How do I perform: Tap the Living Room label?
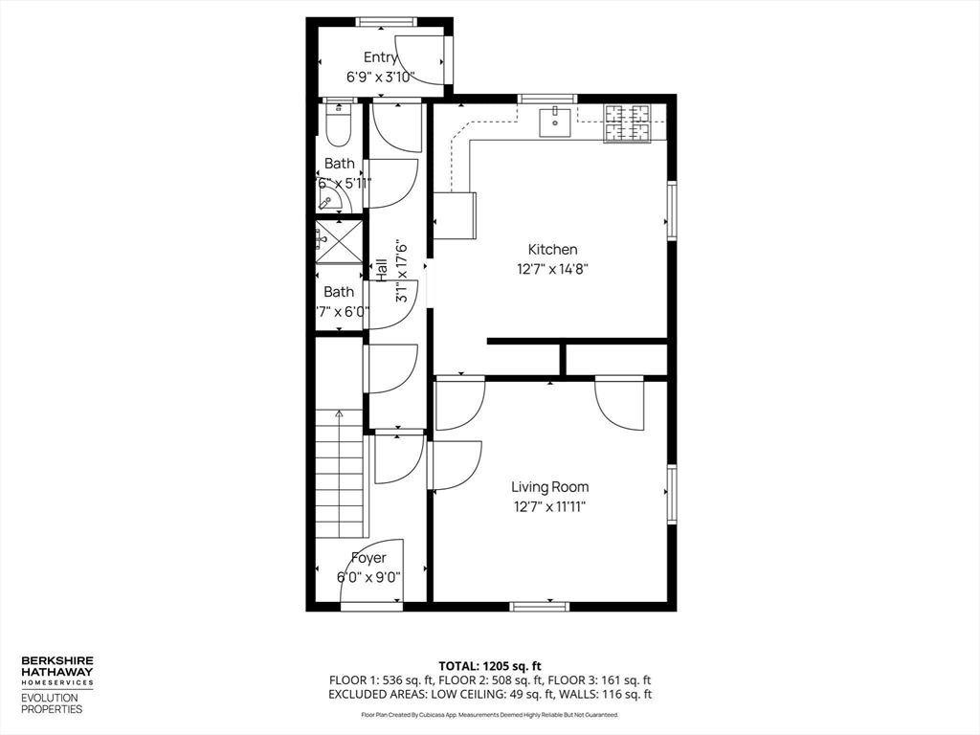pos(549,487)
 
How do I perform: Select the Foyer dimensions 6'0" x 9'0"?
pos(368,577)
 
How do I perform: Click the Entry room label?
pos(380,58)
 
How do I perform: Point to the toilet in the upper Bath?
pos(339,123)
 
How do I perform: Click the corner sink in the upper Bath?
pos(329,200)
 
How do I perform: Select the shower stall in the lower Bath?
pos(340,241)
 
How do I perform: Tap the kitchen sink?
pos(554,122)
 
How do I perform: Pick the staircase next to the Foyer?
pos(340,474)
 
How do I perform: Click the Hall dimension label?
pos(402,272)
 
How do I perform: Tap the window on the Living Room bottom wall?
pos(540,606)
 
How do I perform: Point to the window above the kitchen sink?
pos(547,99)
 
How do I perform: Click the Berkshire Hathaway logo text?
pos(57,671)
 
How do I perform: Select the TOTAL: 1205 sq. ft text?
pos(490,665)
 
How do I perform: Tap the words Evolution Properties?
pos(52,703)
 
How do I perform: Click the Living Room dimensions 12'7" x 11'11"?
pos(549,507)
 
